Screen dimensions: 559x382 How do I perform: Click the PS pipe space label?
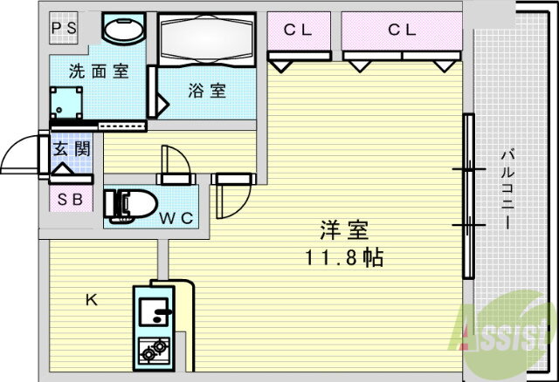click(64, 28)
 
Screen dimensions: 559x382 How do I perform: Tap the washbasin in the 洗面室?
click(124, 30)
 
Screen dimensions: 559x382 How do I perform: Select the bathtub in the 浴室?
click(206, 39)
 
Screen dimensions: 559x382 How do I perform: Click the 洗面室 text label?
click(99, 72)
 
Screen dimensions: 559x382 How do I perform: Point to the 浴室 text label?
click(207, 91)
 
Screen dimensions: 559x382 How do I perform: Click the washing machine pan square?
click(66, 103)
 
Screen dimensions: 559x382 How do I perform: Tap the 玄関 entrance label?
click(72, 148)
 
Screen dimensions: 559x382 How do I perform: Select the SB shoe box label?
click(70, 200)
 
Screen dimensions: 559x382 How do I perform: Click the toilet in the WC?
click(130, 206)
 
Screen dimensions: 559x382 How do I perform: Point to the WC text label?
click(176, 218)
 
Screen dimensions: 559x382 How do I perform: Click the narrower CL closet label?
click(298, 30)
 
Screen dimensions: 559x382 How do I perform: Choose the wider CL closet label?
click(402, 30)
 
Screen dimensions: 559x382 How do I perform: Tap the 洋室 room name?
click(344, 230)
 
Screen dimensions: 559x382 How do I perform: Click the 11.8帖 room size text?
click(344, 257)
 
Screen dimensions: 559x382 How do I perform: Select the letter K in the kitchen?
click(92, 301)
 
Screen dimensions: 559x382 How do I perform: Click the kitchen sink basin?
click(155, 312)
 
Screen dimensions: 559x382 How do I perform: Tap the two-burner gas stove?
click(154, 351)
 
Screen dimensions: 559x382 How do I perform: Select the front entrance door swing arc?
click(19, 154)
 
